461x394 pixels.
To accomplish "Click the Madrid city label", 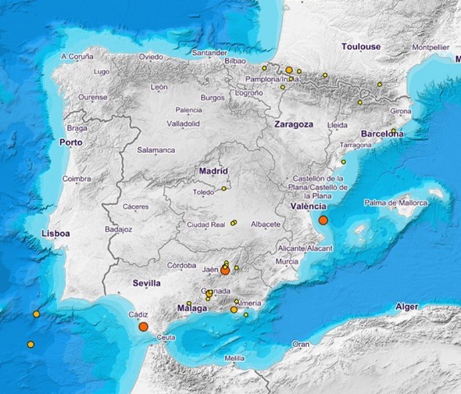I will (x=214, y=171).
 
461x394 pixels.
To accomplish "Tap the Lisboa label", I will (x=55, y=233).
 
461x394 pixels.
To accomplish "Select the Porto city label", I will (x=71, y=142).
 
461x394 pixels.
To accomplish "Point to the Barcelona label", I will (x=381, y=134).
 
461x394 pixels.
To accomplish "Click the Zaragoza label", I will (x=293, y=124).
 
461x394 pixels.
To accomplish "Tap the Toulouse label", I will (x=361, y=47).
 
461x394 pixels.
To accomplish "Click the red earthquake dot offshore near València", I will (x=323, y=220).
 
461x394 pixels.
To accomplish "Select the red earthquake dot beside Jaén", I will (x=225, y=271).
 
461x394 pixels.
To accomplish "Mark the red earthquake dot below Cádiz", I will (x=143, y=326).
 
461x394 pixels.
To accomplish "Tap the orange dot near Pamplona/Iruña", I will (x=289, y=70).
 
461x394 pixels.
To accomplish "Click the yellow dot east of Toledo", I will (x=224, y=189).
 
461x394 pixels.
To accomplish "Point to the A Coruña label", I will (x=78, y=57).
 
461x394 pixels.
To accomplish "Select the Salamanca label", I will (x=156, y=151).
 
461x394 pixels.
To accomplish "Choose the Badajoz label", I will (x=119, y=229).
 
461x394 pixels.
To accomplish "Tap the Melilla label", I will (x=235, y=359).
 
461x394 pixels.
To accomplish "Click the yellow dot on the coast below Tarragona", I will (x=343, y=162).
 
